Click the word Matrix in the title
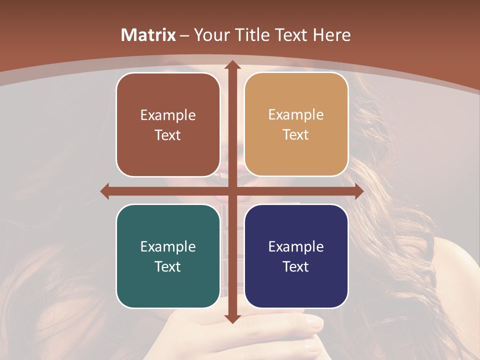(x=148, y=35)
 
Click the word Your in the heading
(x=210, y=35)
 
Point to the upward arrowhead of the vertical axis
(x=231, y=65)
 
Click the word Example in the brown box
(x=168, y=115)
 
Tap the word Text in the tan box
(x=296, y=135)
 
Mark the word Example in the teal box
(x=168, y=246)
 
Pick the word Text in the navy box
(x=296, y=266)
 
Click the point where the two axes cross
(x=231, y=191)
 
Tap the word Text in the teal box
(x=168, y=266)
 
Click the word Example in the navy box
(x=296, y=246)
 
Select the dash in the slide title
(x=184, y=35)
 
